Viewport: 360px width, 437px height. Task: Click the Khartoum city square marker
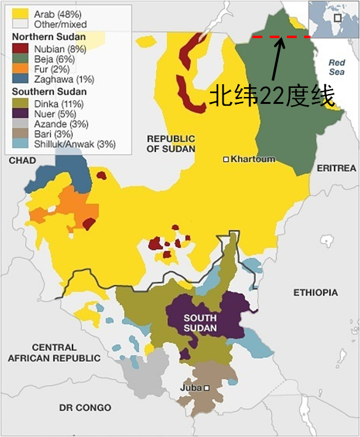coord(226,159)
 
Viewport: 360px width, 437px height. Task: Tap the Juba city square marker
coord(207,388)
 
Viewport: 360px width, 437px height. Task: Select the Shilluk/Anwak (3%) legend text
coord(76,145)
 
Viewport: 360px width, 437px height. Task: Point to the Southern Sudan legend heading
coord(49,92)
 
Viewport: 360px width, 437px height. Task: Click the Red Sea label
coord(337,67)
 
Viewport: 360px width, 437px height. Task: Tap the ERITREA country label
coord(336,168)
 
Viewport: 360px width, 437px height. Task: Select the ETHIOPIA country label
coord(315,293)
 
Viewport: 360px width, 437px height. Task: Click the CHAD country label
coord(22,160)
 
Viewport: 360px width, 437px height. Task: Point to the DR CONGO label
coord(85,407)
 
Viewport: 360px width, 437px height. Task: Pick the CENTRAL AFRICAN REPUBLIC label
coord(54,352)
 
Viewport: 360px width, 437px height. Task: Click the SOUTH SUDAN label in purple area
coord(200,323)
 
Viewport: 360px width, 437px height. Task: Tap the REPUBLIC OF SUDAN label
coord(171,144)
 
